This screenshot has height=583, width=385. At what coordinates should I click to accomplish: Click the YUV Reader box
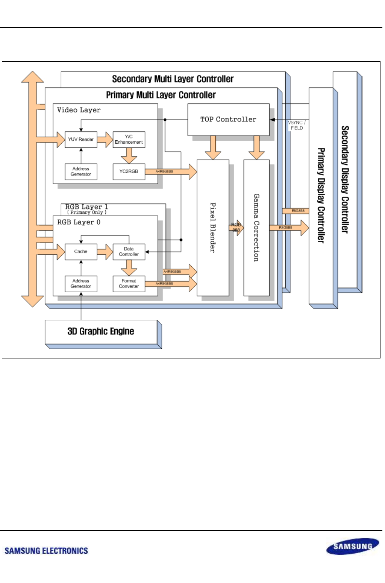[81, 140]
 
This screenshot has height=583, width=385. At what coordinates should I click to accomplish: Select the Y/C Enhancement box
[129, 140]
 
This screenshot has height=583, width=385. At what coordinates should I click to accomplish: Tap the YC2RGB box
[129, 172]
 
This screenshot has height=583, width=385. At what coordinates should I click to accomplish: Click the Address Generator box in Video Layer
[81, 172]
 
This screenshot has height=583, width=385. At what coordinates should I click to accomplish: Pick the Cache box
[81, 252]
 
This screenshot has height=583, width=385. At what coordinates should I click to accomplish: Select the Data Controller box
[129, 252]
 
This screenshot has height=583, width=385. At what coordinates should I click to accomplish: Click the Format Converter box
[129, 284]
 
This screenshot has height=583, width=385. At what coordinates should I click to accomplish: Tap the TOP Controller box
[228, 120]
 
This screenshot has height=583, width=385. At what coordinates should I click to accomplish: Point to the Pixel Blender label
[213, 228]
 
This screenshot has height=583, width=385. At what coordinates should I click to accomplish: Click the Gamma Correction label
[256, 228]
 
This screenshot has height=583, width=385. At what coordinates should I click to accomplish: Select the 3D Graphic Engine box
[101, 331]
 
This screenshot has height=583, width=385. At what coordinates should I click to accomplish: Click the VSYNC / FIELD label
[297, 125]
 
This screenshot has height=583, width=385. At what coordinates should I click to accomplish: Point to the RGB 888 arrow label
[236, 227]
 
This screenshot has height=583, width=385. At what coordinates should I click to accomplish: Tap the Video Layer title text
[79, 110]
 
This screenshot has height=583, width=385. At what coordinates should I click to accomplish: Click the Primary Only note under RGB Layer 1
[87, 213]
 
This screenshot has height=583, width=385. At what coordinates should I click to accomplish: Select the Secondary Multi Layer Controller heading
[173, 79]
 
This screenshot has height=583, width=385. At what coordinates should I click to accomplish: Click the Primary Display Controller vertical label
[321, 195]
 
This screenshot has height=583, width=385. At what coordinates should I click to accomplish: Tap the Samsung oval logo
[353, 547]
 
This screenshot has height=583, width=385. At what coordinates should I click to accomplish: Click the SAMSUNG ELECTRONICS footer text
[46, 551]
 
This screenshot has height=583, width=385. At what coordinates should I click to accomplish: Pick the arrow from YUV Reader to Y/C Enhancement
[105, 140]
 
